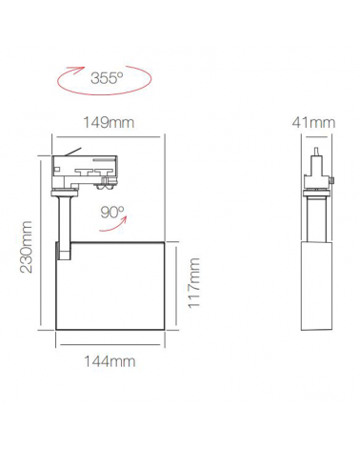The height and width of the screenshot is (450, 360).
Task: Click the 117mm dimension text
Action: [x=194, y=284]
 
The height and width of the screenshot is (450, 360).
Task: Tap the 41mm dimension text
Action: [x=314, y=122]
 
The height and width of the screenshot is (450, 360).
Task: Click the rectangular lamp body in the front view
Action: [x=110, y=285]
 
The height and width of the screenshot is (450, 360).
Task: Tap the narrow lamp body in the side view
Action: [x=312, y=285]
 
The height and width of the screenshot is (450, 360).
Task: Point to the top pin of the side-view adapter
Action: [x=313, y=151]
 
